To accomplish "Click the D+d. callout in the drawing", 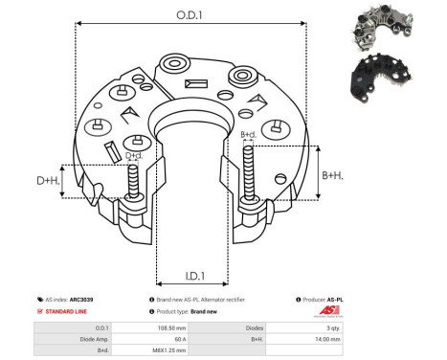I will click(x=134, y=154).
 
